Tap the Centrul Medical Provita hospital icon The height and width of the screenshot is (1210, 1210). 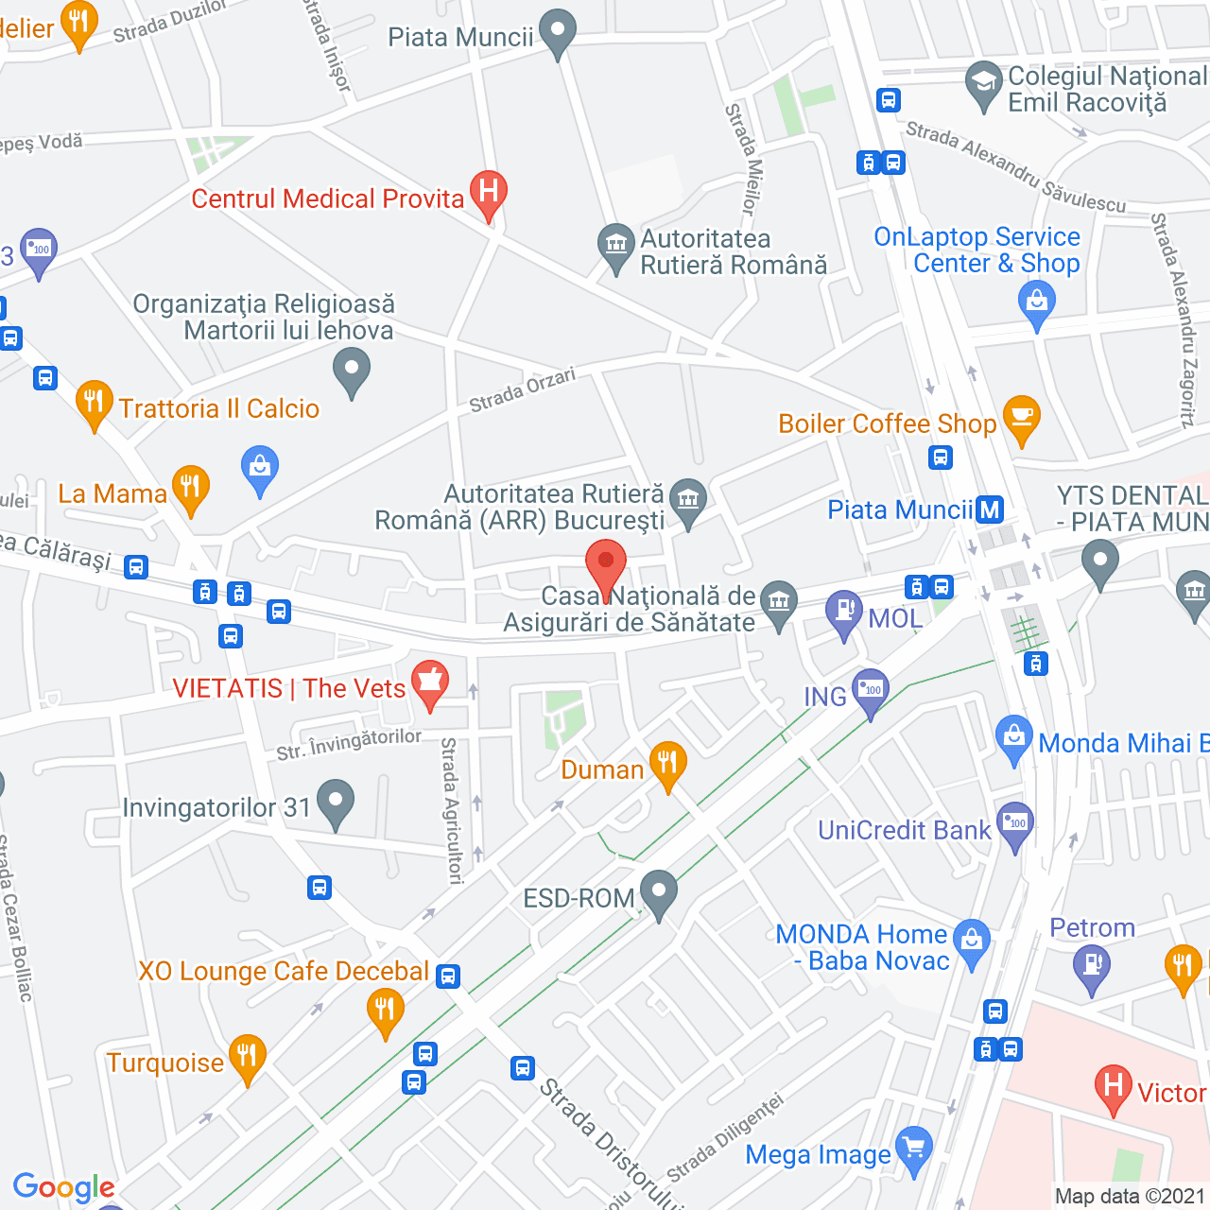tap(488, 193)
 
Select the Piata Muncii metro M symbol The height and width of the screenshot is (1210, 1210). tap(989, 510)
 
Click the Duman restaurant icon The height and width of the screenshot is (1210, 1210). tap(667, 763)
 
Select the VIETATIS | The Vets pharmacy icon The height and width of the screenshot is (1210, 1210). tap(430, 682)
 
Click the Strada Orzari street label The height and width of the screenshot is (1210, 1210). tap(522, 390)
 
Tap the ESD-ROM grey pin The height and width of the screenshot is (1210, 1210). tap(658, 891)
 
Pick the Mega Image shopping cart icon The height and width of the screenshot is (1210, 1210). tap(913, 1149)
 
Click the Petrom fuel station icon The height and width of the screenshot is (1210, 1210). tap(1092, 966)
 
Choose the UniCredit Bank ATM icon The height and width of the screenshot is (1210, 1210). tap(1015, 824)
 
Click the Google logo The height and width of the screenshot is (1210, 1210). tap(63, 1187)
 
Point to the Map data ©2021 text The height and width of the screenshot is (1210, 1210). tap(1130, 1196)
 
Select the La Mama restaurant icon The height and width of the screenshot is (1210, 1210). tap(190, 487)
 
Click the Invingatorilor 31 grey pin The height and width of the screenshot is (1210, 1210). tap(335, 802)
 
